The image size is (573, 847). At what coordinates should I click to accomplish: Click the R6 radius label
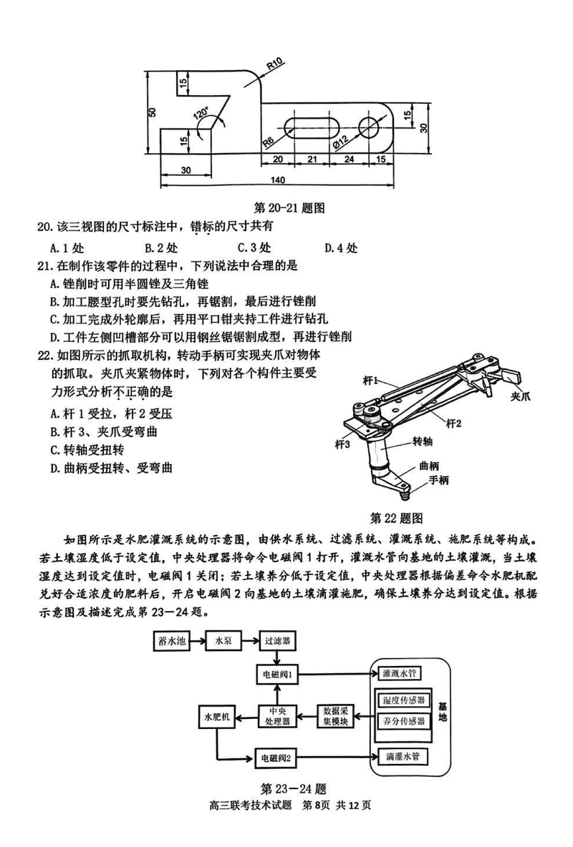[x=269, y=140]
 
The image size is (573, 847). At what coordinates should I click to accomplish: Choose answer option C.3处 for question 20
[x=254, y=248]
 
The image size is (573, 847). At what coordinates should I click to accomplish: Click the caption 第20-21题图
[x=290, y=208]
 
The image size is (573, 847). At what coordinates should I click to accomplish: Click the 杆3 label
[x=343, y=444]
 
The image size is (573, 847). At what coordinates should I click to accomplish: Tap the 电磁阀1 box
[x=279, y=673]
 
